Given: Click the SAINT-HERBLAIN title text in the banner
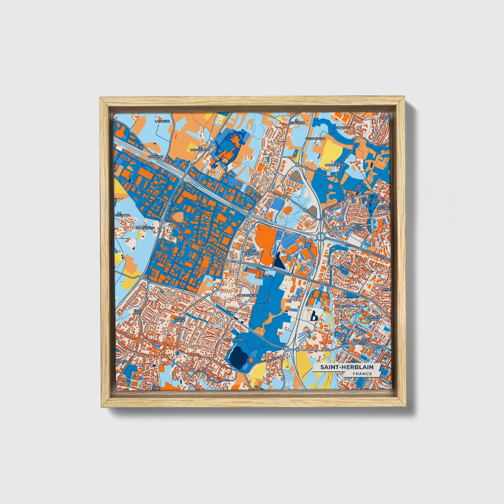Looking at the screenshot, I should (x=347, y=367).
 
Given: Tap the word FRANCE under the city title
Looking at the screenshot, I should (x=362, y=374).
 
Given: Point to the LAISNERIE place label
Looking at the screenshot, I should (x=162, y=121).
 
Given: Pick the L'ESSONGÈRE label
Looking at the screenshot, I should (x=313, y=138).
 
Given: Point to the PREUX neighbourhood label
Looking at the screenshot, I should (x=345, y=269).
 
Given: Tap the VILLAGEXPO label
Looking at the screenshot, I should (x=344, y=306).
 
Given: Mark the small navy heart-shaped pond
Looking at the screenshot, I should (x=314, y=317).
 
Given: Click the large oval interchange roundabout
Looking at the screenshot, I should (x=320, y=236).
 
